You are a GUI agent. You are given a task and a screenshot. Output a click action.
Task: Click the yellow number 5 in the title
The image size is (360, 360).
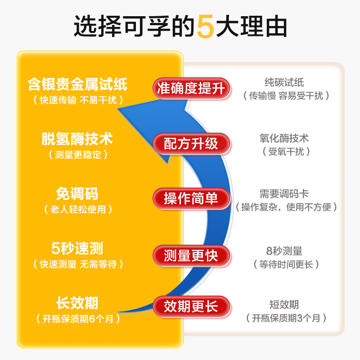tap(206, 27)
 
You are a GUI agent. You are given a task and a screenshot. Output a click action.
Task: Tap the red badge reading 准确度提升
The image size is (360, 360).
tap(191, 88)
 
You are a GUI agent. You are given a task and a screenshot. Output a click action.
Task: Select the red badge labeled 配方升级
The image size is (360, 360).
tap(191, 144)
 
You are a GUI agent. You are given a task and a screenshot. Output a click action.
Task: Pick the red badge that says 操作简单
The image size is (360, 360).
tap(191, 198)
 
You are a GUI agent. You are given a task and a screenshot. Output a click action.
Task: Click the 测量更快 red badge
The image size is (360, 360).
tap(191, 256)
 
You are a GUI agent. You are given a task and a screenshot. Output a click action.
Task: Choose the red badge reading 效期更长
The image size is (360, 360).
tap(191, 306)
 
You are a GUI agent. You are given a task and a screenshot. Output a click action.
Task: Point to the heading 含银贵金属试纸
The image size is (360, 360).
tap(77, 84)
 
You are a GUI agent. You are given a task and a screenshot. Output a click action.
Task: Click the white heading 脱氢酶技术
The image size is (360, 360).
tap(77, 139)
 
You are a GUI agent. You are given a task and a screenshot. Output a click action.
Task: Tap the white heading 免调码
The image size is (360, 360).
tap(77, 193)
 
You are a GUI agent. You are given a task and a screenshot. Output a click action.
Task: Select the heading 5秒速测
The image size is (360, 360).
tap(77, 248)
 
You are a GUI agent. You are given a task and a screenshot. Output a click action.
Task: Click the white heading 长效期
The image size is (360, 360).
tap(77, 303)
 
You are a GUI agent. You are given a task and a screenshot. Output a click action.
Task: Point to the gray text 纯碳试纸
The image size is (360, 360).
tap(284, 82)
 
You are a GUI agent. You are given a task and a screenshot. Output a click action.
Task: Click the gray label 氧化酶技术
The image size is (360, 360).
tap(284, 138)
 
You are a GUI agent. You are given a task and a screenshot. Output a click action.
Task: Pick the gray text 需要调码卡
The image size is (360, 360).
tap(284, 194)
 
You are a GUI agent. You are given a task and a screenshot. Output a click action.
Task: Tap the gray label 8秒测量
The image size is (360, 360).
tap(284, 251)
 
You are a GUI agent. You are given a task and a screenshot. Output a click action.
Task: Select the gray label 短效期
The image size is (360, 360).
tap(284, 305)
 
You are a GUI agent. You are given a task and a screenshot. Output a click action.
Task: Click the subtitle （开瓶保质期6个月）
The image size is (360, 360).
tap(78, 319)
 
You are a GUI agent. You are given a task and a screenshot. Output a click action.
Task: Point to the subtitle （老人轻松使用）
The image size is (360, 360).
tap(78, 209)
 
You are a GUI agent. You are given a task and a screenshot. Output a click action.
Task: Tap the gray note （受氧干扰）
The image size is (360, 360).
tap(286, 152)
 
